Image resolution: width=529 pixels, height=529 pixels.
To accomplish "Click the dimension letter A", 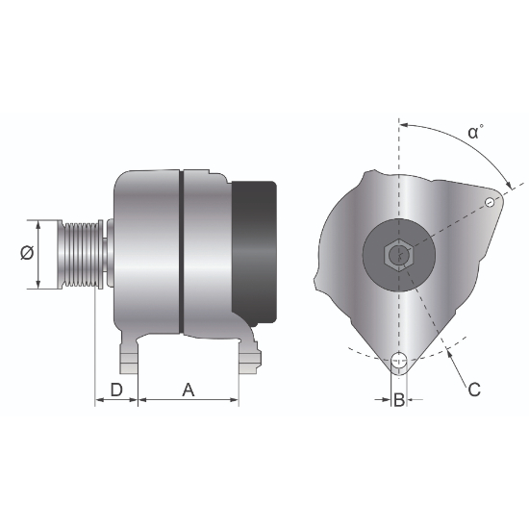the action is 189,390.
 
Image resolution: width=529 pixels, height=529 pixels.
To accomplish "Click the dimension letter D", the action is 116,390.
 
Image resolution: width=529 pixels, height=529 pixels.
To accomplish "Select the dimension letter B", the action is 399,400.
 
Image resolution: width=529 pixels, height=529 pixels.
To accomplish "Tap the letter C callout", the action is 474,390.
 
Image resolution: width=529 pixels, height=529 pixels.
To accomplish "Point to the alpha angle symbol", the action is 473,133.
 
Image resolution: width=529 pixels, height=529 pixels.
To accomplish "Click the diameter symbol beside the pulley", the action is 27,253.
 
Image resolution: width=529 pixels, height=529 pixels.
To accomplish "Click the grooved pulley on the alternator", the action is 80,254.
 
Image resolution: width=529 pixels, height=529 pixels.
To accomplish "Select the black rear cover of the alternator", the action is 254,254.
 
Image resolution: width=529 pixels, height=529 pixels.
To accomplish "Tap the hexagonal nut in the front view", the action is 399,256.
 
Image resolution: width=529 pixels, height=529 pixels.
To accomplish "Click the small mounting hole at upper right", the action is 490,202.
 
